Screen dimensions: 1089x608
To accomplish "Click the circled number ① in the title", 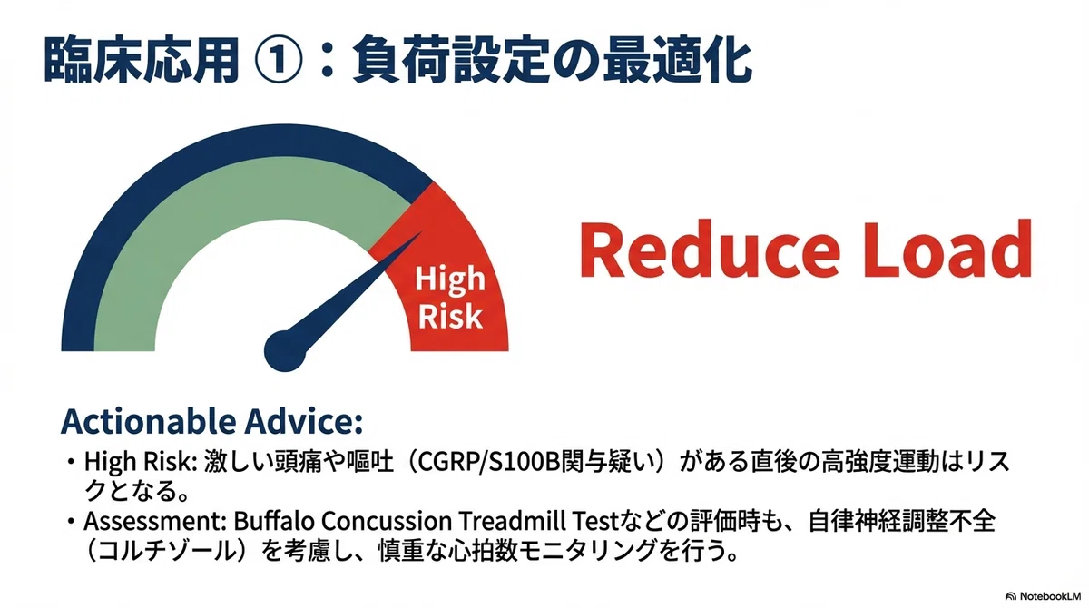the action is [x=278, y=62].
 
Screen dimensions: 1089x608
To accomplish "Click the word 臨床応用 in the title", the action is [x=142, y=61].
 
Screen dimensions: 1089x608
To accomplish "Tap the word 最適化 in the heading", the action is [x=678, y=61].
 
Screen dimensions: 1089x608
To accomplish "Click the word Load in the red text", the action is [x=947, y=249].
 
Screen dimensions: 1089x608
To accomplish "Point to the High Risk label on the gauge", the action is [x=450, y=298].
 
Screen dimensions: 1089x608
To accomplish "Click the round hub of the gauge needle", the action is [x=285, y=350].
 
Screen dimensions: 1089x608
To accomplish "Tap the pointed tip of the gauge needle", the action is [x=421, y=233].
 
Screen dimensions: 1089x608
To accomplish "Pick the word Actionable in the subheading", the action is [x=149, y=421].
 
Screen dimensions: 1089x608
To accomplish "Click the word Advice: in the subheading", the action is [x=304, y=421].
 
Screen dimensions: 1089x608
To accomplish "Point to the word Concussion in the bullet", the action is [x=387, y=522].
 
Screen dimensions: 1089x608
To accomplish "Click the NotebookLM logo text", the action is [x=1050, y=596].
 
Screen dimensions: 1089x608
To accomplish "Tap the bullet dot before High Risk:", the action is [x=72, y=462].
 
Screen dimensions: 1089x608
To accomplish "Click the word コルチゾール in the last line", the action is [x=172, y=552].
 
